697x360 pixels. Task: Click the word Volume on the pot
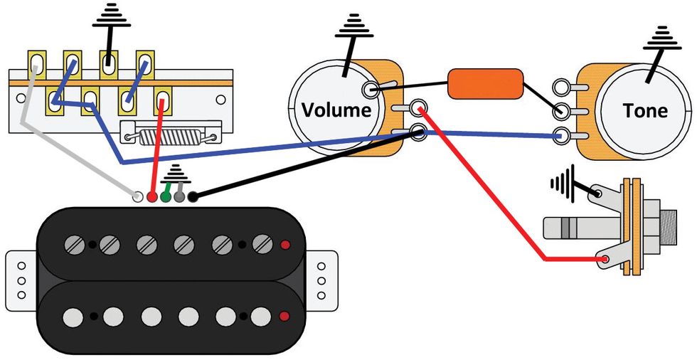click(x=336, y=110)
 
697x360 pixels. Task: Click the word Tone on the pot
click(x=644, y=110)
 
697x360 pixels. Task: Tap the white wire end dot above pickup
click(x=139, y=195)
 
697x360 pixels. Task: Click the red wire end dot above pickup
click(x=151, y=195)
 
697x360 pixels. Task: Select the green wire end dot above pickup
click(x=165, y=195)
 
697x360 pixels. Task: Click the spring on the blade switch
click(x=157, y=135)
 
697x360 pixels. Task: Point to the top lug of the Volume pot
click(x=371, y=89)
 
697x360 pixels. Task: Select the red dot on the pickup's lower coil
click(x=284, y=316)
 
